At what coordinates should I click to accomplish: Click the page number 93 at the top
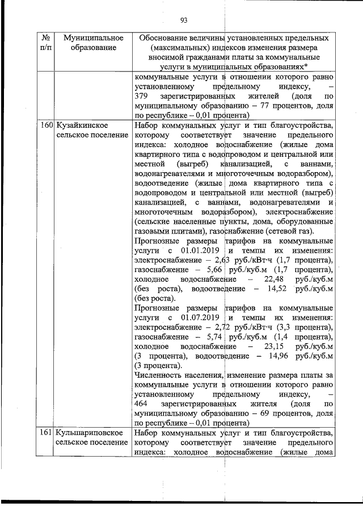click(183, 21)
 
